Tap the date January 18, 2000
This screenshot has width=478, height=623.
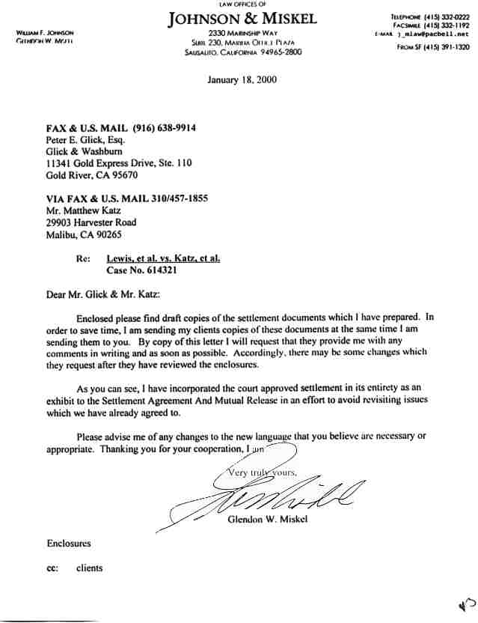pos(242,80)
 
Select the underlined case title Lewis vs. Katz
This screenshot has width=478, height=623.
pos(164,258)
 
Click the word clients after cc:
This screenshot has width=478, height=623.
pos(90,568)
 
